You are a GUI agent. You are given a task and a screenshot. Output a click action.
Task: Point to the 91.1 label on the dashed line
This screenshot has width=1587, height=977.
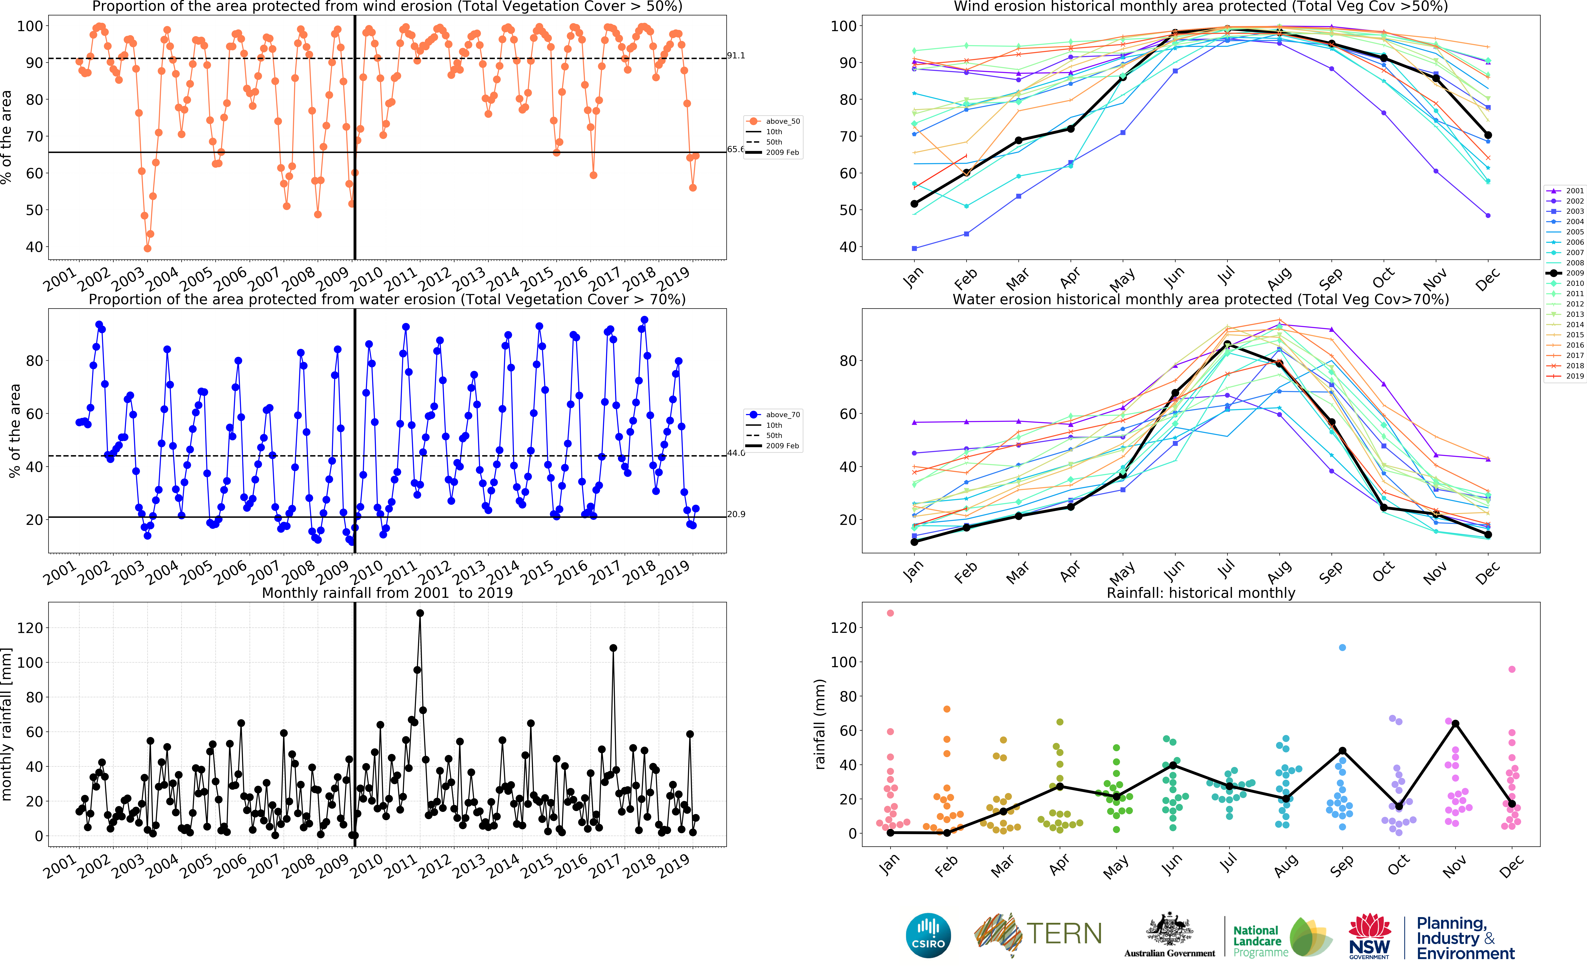coord(736,55)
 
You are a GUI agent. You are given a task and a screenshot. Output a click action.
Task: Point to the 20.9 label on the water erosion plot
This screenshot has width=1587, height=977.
coord(736,514)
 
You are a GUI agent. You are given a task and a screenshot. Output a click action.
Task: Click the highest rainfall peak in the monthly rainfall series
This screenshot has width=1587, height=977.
coord(420,613)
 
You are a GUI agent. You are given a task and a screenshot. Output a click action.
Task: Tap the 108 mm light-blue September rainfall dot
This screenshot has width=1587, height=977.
coord(1342,647)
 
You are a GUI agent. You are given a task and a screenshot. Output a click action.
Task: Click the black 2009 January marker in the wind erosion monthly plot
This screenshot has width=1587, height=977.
coord(914,204)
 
